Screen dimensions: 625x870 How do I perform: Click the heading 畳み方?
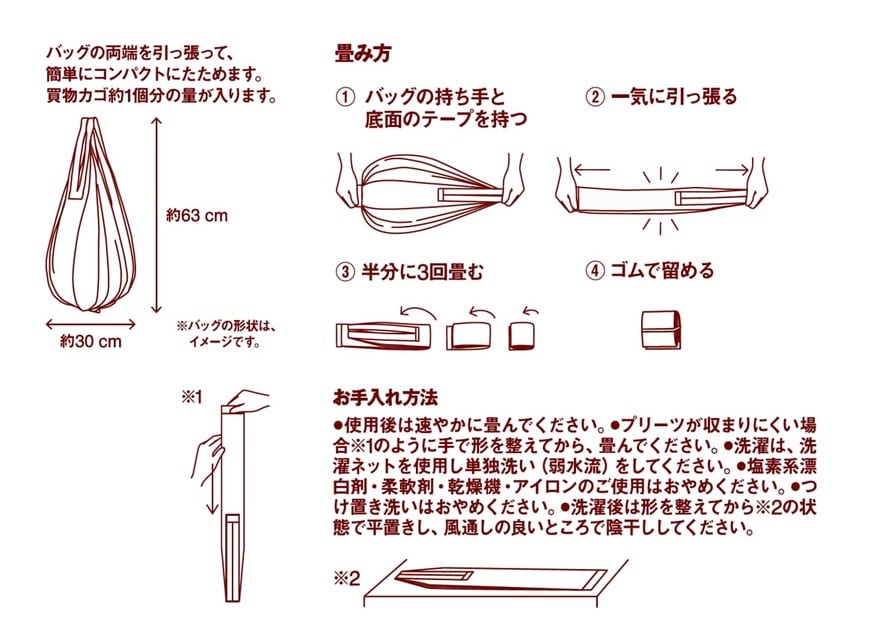pyautogui.click(x=362, y=55)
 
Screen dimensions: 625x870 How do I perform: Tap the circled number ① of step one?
pyautogui.click(x=345, y=98)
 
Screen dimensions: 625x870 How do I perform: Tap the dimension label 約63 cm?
pyautogui.click(x=198, y=215)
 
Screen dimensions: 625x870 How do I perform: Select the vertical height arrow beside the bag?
pyautogui.click(x=155, y=215)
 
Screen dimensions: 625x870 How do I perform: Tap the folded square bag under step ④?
pyautogui.click(x=659, y=329)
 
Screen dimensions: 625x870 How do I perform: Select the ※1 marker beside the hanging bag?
pyautogui.click(x=191, y=396)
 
